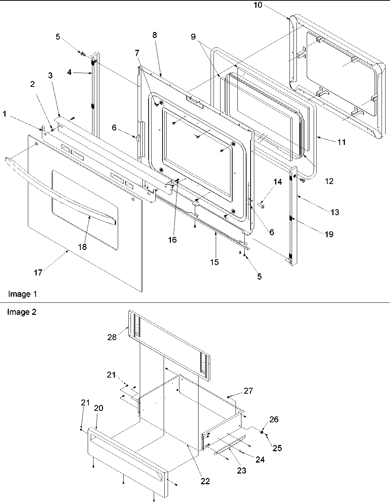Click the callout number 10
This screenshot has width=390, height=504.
(258, 5)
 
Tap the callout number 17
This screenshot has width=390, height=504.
(38, 272)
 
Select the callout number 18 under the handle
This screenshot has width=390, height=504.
(82, 247)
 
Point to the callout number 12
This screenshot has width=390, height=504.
(329, 181)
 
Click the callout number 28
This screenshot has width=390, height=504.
(112, 337)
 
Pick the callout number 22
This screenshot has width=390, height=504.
(205, 481)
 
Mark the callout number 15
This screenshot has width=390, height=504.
(214, 262)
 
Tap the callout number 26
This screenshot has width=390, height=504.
(274, 419)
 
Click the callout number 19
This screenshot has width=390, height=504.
(329, 234)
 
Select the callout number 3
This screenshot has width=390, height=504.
(50, 76)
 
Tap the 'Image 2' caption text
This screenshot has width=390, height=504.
(22, 312)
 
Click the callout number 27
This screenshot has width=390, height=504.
(248, 391)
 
